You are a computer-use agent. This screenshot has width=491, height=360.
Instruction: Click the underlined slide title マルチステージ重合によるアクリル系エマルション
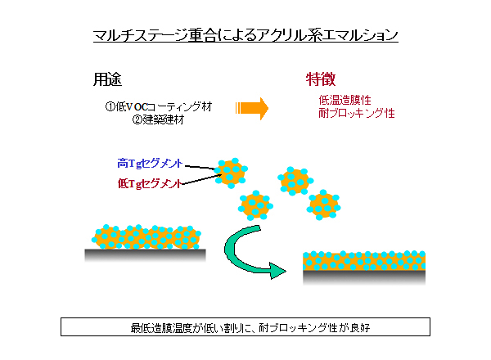(245, 35)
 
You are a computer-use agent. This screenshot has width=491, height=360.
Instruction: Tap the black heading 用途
(107, 79)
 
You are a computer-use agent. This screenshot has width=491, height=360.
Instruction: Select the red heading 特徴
(321, 79)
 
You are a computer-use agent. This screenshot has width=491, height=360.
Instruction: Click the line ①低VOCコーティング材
(159, 106)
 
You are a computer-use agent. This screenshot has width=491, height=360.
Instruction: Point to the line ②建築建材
(158, 119)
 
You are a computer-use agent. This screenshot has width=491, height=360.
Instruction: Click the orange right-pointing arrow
(252, 108)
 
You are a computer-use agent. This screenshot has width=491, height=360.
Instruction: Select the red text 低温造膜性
(345, 100)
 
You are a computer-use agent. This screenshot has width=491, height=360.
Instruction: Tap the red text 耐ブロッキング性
(357, 113)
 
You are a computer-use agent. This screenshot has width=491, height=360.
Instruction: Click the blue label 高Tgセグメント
(150, 163)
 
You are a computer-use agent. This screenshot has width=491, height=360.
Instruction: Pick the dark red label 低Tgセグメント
(150, 183)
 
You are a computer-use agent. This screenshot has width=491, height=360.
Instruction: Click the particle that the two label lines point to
(231, 173)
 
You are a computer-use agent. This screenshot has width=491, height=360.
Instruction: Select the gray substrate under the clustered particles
(146, 254)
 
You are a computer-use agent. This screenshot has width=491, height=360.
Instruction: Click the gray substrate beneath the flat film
(364, 277)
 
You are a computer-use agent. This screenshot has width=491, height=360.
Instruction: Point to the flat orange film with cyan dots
(364, 261)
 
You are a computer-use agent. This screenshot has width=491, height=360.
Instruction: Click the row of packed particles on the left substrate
(146, 237)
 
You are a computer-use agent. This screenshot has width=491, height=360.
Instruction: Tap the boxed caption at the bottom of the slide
(245, 327)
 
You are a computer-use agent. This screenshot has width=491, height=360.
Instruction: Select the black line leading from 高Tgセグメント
(200, 168)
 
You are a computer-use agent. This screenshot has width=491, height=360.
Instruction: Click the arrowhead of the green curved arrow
(277, 271)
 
